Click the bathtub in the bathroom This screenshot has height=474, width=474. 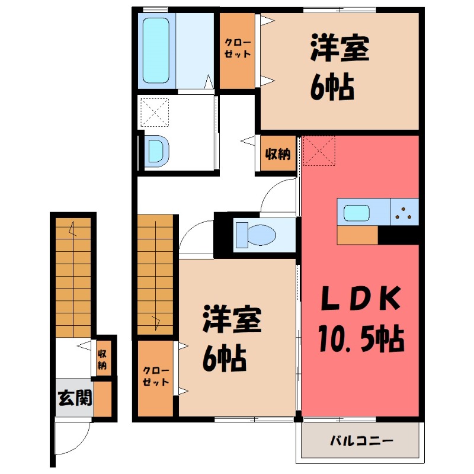point(156,50)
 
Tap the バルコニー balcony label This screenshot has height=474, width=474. point(361,441)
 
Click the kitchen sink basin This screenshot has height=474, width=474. point(358,212)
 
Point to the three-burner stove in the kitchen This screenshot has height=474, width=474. point(405,212)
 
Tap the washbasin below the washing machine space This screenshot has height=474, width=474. point(156,150)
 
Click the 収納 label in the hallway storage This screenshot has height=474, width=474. point(277,155)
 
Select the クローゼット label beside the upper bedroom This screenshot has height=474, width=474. point(237,48)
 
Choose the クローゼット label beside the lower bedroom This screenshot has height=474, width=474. point(156,377)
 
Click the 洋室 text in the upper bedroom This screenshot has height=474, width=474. point(341,49)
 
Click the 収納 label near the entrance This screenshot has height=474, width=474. point(103,358)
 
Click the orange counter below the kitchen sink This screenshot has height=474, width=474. point(357,235)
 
